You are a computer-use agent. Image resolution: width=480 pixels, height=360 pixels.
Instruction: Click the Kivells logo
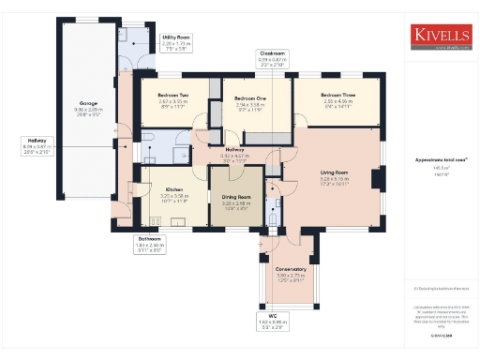click(440, 36)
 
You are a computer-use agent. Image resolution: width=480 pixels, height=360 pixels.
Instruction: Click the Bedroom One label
click(250, 98)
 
